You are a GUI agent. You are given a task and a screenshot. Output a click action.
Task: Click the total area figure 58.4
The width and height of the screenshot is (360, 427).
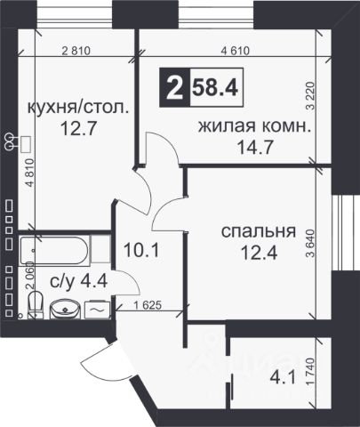click(217, 88)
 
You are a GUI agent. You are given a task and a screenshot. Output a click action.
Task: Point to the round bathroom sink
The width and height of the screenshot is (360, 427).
click(63, 310)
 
